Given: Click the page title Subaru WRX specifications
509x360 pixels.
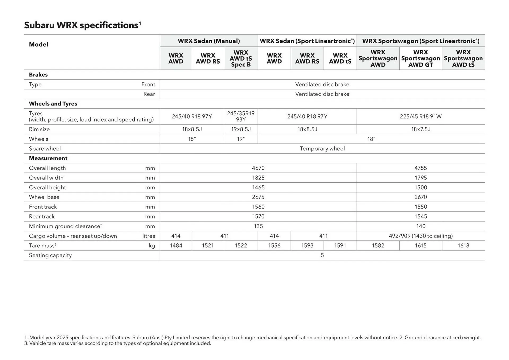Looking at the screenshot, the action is point(82,25).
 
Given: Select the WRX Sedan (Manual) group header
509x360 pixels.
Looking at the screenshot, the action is point(209,41).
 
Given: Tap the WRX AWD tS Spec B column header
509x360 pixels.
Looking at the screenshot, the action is point(241,59).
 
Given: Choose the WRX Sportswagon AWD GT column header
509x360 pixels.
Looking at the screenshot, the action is point(420,59).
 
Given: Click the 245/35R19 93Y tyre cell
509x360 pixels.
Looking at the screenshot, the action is point(241,116).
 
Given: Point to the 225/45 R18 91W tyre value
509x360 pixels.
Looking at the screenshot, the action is point(420,116).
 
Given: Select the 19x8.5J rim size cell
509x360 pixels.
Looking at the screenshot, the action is point(241,129).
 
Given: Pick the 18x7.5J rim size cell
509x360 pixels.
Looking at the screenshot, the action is point(420,129).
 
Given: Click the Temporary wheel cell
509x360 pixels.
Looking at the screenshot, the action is point(322,149).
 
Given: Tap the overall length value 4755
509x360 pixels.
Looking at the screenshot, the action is point(420,168).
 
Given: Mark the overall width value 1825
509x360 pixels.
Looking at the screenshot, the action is point(258,178).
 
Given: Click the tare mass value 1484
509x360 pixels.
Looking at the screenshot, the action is point(176,246).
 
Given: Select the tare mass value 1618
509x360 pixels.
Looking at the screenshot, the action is point(463,246).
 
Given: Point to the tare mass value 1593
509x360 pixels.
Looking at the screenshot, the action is point(307,246).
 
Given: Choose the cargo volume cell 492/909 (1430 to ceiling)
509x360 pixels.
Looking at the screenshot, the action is point(420,236).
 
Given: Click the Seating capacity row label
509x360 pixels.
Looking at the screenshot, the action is point(50,255).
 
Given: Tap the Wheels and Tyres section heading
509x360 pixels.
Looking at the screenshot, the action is point(53,104).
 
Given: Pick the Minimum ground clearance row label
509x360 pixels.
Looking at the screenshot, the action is point(65,226).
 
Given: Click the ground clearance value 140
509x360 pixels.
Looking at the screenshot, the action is point(420,226).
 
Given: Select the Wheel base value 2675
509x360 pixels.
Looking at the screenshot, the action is point(258,197).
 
